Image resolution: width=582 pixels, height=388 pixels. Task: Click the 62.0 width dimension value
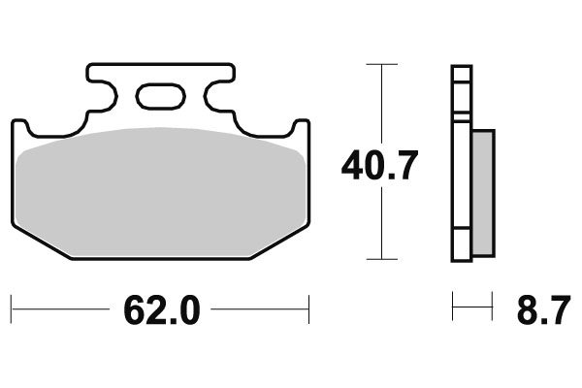[x=161, y=310]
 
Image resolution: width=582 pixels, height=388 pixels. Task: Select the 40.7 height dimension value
[x=379, y=166]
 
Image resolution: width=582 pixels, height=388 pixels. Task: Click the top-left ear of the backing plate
[x=19, y=126]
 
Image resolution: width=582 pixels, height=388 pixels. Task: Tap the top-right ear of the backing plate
[x=302, y=126]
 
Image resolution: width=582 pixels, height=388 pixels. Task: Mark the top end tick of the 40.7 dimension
[x=381, y=64]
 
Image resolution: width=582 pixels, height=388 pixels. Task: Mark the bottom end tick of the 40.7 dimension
[x=381, y=259]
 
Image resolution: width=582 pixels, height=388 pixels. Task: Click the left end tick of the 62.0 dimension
[x=12, y=310]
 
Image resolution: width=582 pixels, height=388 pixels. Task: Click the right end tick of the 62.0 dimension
[x=308, y=310]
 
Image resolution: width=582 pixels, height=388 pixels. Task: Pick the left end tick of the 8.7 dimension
[x=452, y=310]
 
